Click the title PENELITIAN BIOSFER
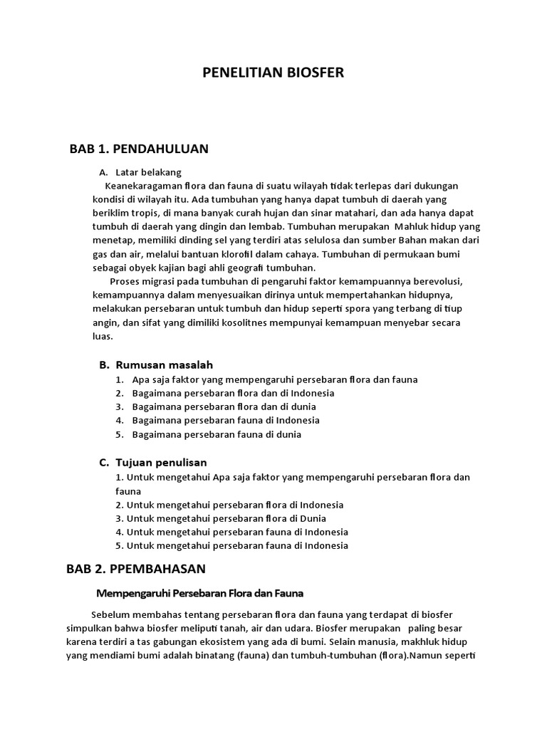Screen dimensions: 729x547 pyautogui.click(x=273, y=73)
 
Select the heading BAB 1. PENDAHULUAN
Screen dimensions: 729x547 pyautogui.click(x=139, y=149)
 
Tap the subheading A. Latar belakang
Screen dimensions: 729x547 pyautogui.click(x=140, y=172)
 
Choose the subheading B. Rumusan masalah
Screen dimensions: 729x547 pyautogui.click(x=156, y=364)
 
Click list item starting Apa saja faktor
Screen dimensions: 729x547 pyautogui.click(x=274, y=379)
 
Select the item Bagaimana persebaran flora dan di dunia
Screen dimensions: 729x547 pyautogui.click(x=224, y=407)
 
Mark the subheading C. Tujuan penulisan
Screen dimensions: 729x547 pyautogui.click(x=153, y=463)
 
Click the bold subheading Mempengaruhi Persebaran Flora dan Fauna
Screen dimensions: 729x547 pyautogui.click(x=200, y=593)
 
